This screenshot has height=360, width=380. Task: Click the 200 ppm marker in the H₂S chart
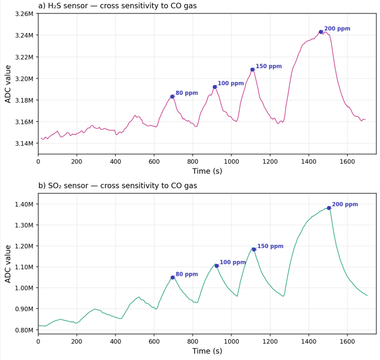pyautogui.click(x=320, y=32)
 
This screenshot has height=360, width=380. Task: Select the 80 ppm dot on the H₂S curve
pyautogui.click(x=173, y=97)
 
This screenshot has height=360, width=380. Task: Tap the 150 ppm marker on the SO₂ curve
pyautogui.click(x=254, y=249)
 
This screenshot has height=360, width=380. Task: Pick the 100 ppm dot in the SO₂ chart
pyautogui.click(x=216, y=266)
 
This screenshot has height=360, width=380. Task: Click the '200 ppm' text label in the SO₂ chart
pyautogui.click(x=345, y=204)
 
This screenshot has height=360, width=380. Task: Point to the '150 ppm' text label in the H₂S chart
pyautogui.click(x=269, y=67)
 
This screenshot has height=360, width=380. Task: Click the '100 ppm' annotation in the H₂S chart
pyautogui.click(x=230, y=84)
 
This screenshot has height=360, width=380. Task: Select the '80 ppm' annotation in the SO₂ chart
pyautogui.click(x=187, y=275)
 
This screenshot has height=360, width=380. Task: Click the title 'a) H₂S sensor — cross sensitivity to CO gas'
pyautogui.click(x=118, y=6)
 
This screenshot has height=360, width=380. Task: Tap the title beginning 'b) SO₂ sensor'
pyautogui.click(x=118, y=186)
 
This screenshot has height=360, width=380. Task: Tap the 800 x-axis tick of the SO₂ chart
pyautogui.click(x=193, y=341)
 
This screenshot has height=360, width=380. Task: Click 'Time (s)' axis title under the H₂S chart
pyautogui.click(x=207, y=171)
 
